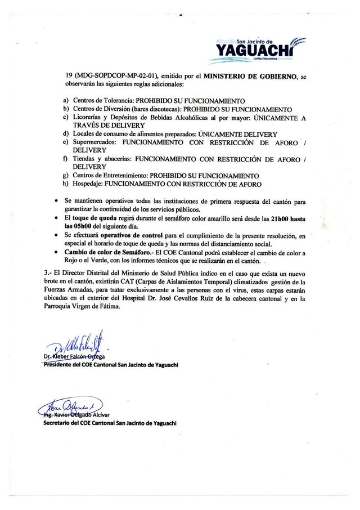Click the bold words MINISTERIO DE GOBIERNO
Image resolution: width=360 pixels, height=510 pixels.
coord(250,75)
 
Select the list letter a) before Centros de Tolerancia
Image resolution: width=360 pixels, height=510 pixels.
coord(66,100)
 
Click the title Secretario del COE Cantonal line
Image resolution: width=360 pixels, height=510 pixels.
coord(110,423)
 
